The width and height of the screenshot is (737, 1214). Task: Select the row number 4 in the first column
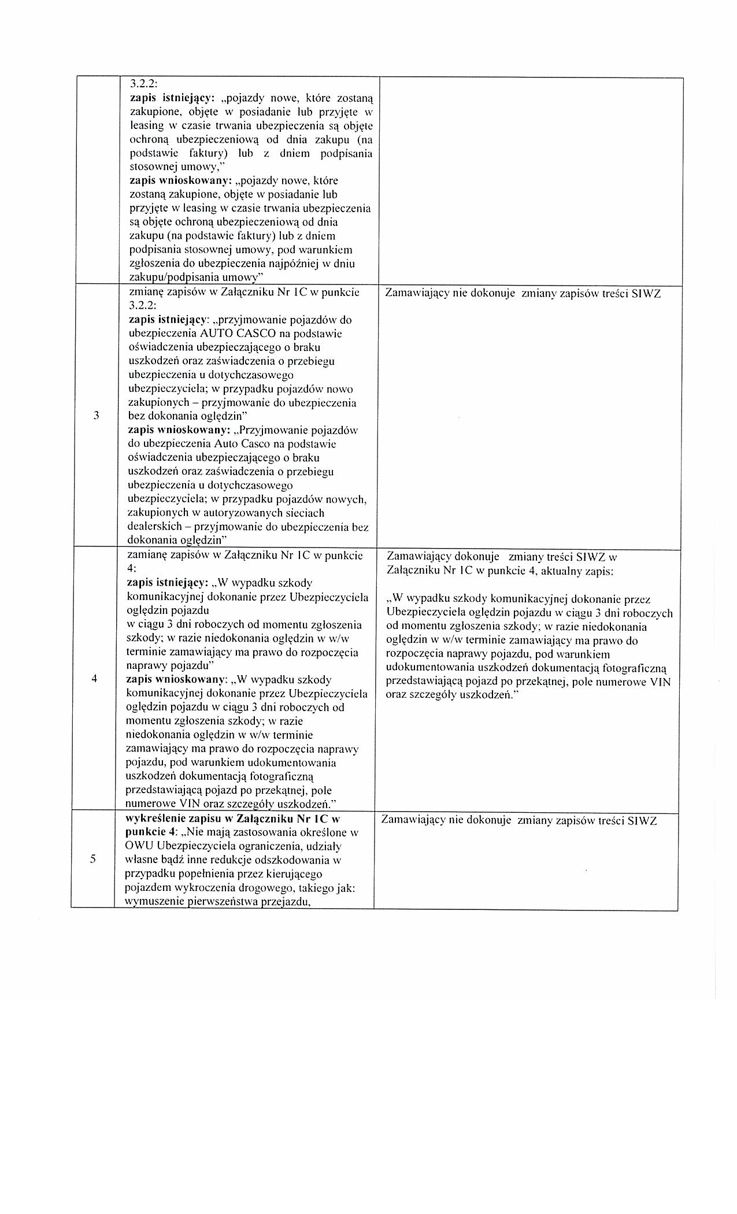[94, 679]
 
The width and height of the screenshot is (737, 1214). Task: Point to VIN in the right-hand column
[661, 682]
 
